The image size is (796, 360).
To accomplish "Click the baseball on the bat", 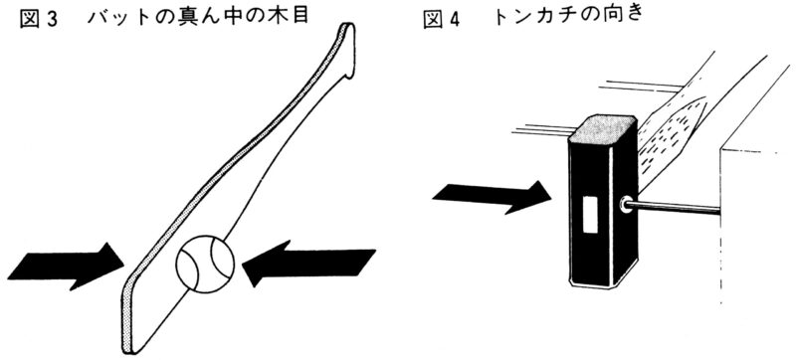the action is (x=205, y=264).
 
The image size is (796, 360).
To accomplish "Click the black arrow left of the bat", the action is (x=67, y=267).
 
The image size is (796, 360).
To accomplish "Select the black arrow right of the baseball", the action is (x=308, y=263).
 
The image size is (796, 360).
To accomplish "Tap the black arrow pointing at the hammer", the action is (x=492, y=197).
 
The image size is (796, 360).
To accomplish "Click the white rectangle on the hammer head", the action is (x=590, y=215).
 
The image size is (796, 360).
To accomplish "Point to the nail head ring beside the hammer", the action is (x=626, y=205).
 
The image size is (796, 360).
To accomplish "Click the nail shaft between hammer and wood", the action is (x=675, y=207).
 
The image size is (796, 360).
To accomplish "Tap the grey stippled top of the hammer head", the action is (x=603, y=129).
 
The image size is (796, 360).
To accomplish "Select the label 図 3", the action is (x=40, y=19).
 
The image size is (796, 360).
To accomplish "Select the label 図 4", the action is (x=442, y=20).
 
